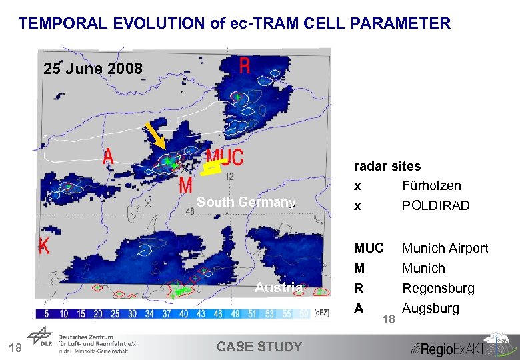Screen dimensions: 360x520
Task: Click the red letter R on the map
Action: pyautogui.click(x=245, y=65)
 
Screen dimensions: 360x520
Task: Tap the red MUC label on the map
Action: pyautogui.click(x=225, y=158)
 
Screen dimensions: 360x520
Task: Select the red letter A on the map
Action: pyautogui.click(x=108, y=158)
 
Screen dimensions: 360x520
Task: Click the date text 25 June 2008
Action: pyautogui.click(x=93, y=69)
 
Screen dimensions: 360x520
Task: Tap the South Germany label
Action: pyautogui.click(x=245, y=203)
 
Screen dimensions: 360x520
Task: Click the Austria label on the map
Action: pyautogui.click(x=279, y=287)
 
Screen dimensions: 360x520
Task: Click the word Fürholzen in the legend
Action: pyautogui.click(x=431, y=185)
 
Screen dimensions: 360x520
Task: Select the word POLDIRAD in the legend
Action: pyautogui.click(x=435, y=206)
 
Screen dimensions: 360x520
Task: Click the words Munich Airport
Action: pyautogui.click(x=445, y=248)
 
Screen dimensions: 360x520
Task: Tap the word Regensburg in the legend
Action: pyautogui.click(x=438, y=288)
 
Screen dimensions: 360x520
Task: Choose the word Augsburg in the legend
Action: pyautogui.click(x=431, y=308)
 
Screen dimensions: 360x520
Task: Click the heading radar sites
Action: pyautogui.click(x=387, y=166)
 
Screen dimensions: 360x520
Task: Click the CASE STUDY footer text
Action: pyautogui.click(x=259, y=347)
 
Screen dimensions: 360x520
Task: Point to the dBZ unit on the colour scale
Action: pyautogui.click(x=322, y=313)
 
